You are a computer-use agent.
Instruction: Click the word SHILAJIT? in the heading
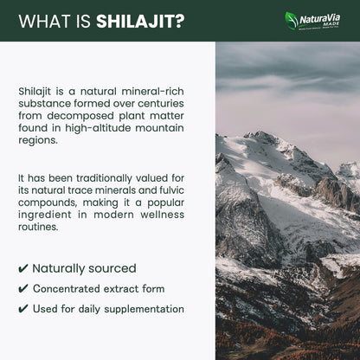pos(140,21)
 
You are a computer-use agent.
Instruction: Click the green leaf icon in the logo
pos(292,19)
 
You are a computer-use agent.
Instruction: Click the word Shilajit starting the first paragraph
pos(36,90)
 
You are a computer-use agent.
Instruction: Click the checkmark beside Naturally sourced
pos(22,269)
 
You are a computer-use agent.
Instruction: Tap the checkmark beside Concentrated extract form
pos(22,289)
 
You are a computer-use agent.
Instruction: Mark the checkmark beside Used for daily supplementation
pos(22,309)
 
